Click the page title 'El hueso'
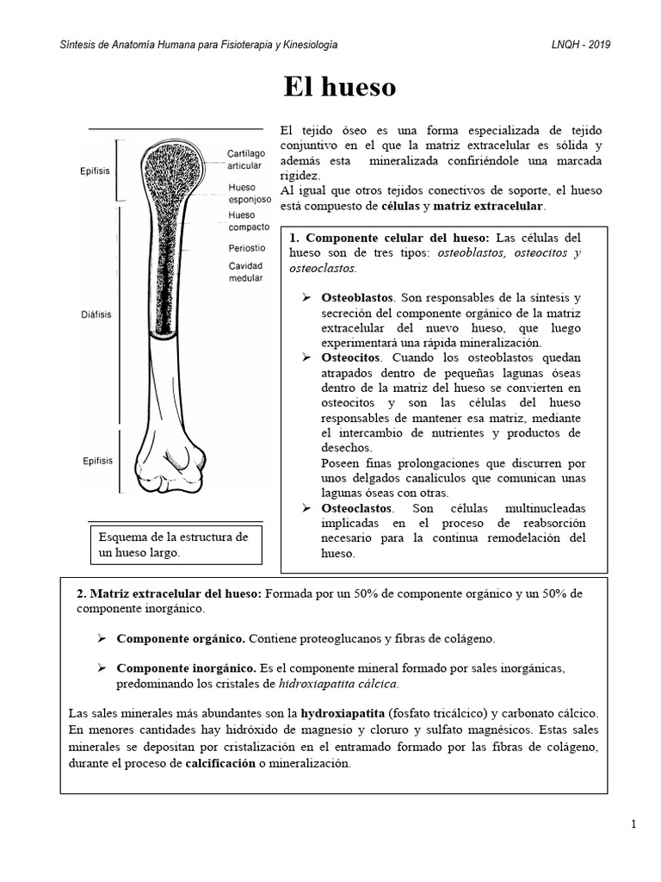coord(340,87)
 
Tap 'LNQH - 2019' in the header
coord(581,45)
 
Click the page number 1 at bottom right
coord(633,824)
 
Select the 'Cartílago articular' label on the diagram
coord(246,159)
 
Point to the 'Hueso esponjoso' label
coord(250,192)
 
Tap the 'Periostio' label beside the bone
coord(247,249)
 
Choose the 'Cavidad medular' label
coord(246,272)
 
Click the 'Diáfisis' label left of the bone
coord(97,315)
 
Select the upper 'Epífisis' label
coord(95,171)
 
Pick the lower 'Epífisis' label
coord(97,460)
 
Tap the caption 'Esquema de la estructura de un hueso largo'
coord(175,544)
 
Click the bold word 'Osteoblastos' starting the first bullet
coord(356,297)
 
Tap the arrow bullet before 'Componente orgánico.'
coord(101,639)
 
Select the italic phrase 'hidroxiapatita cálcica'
coord(339,684)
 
